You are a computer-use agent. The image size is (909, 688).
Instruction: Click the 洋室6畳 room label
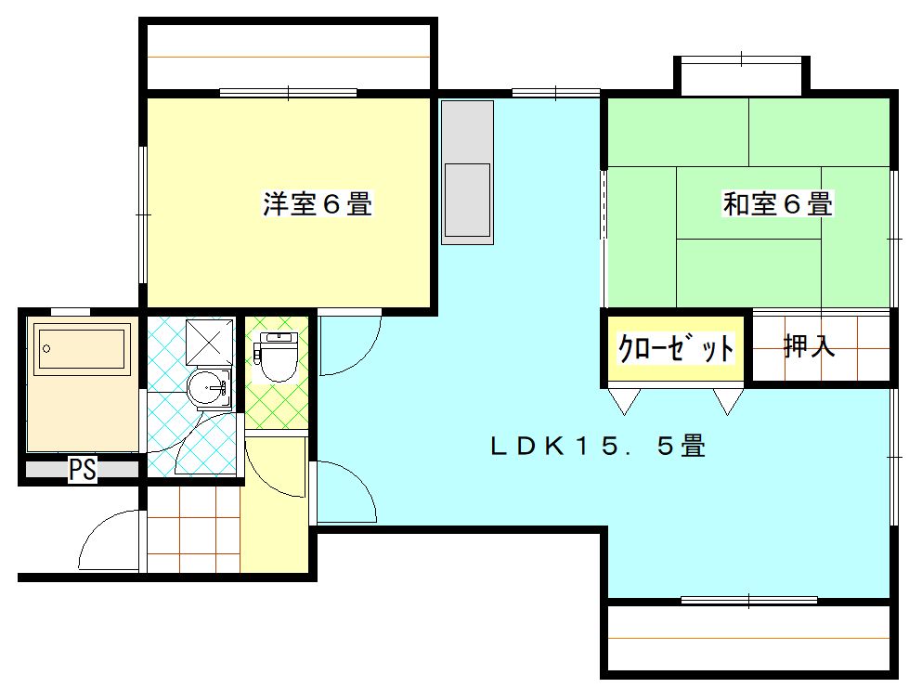[x=318, y=203]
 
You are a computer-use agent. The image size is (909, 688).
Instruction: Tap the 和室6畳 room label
[x=777, y=203]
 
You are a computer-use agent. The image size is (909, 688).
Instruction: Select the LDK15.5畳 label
[x=598, y=447]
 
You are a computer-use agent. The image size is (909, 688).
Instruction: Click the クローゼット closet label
[x=676, y=347]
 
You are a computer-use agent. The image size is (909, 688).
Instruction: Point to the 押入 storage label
[x=810, y=346]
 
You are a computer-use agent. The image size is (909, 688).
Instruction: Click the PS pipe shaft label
[x=83, y=470]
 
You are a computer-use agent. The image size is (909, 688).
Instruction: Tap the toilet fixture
[x=276, y=357]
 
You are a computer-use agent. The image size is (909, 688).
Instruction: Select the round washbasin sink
[x=210, y=388]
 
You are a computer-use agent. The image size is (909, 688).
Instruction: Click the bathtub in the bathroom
[x=82, y=349]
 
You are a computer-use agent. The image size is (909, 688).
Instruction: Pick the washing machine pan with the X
[x=209, y=342]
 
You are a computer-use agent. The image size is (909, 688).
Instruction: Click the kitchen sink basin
[x=467, y=200]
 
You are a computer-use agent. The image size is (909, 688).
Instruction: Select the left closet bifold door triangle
[x=624, y=400]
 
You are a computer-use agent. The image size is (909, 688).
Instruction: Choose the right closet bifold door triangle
[x=728, y=400]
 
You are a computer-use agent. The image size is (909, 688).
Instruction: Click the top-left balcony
[x=288, y=57]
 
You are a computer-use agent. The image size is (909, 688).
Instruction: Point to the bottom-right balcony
[x=748, y=639]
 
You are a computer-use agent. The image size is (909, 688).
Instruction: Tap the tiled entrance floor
[x=193, y=528]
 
